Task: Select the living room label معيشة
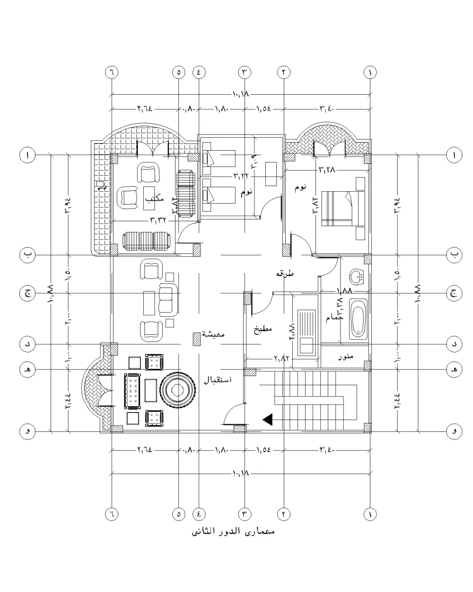click(x=214, y=334)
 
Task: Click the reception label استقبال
click(x=217, y=380)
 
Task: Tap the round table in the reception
click(x=176, y=390)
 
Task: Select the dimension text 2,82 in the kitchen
click(x=281, y=359)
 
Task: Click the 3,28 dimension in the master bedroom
click(x=327, y=169)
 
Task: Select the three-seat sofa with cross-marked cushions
click(x=133, y=391)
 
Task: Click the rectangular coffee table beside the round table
click(x=151, y=390)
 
